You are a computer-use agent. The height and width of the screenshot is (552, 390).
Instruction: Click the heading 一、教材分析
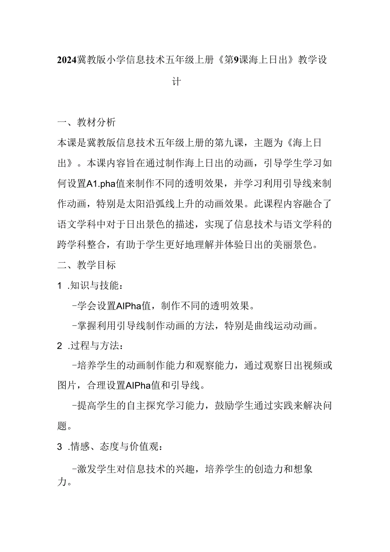(86, 123)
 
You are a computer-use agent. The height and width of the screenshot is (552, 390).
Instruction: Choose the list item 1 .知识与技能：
(90, 286)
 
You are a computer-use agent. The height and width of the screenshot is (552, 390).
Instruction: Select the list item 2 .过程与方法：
(90, 347)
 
